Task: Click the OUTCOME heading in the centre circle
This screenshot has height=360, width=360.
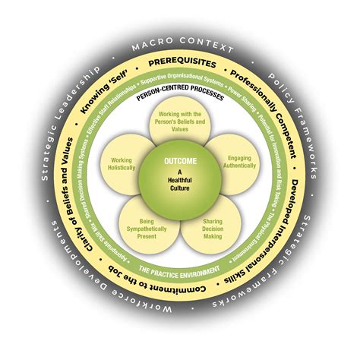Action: click(x=180, y=161)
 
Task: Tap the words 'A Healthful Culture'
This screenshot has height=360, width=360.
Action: click(x=180, y=182)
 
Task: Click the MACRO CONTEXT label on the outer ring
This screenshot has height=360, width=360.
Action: click(x=179, y=47)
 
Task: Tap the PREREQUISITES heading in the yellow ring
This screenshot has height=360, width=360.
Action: click(x=179, y=65)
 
